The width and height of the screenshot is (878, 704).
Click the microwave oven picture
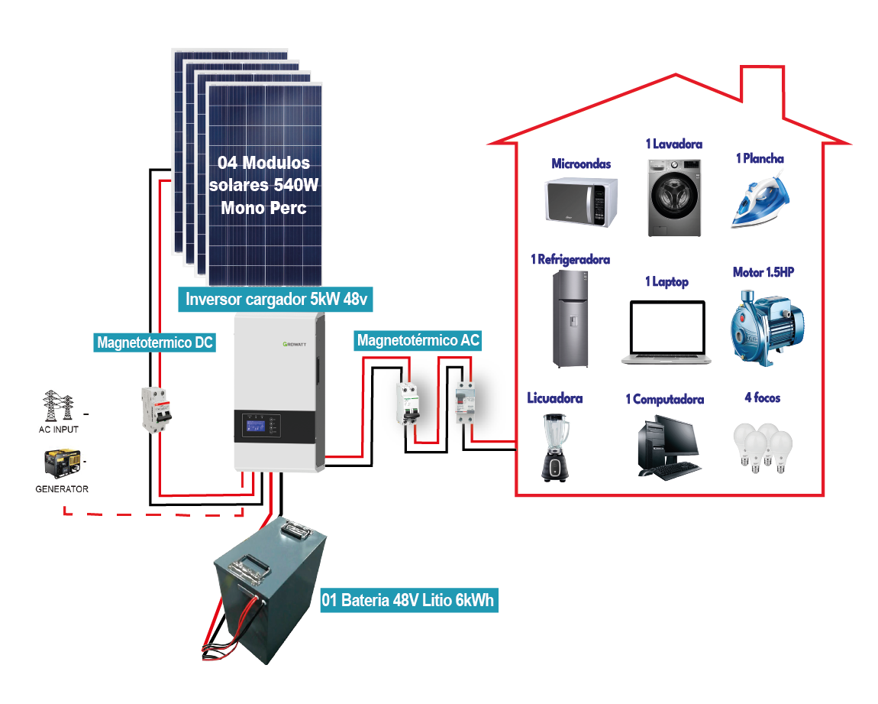click(581, 200)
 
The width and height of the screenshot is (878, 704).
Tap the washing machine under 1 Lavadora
click(674, 197)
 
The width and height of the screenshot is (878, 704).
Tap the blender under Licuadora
click(555, 446)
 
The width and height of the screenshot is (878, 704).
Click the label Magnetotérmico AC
click(418, 339)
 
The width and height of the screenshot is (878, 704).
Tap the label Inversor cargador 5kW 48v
click(277, 299)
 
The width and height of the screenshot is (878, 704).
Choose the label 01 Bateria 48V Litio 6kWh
click(408, 599)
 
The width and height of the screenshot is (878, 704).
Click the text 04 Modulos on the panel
click(264, 163)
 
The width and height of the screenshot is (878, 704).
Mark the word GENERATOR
click(62, 488)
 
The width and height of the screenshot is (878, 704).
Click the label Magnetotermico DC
click(155, 342)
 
